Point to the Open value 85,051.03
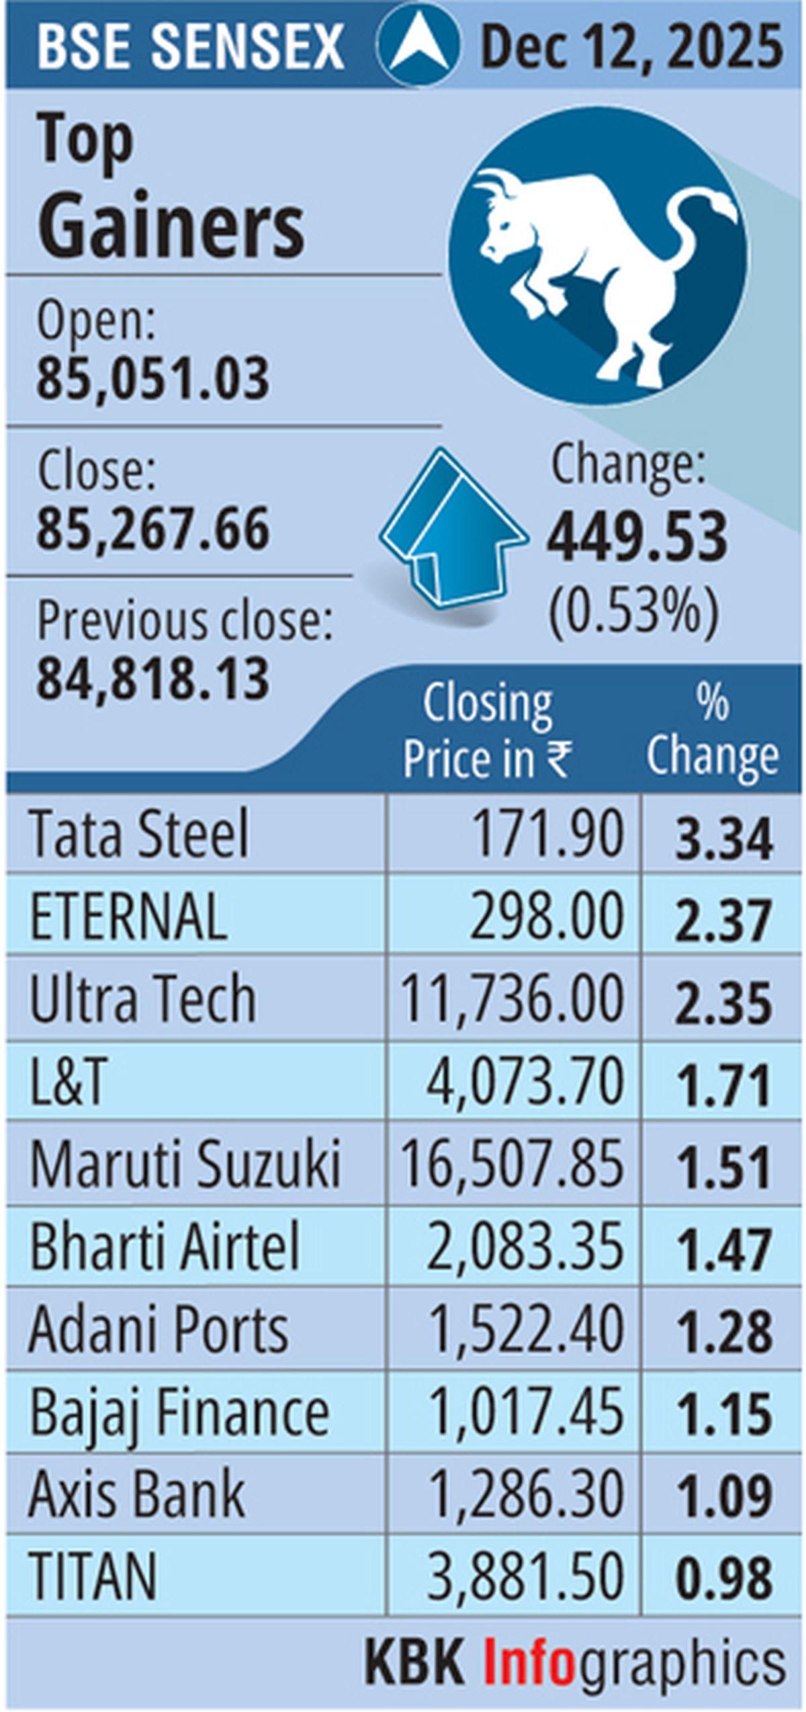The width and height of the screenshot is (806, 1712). coord(153,378)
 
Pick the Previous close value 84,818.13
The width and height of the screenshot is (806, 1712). coord(153,678)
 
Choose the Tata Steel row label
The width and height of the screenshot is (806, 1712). coord(140,834)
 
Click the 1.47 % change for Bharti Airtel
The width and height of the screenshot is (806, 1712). coord(723,1250)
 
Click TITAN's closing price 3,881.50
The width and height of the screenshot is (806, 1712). coord(525,1576)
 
